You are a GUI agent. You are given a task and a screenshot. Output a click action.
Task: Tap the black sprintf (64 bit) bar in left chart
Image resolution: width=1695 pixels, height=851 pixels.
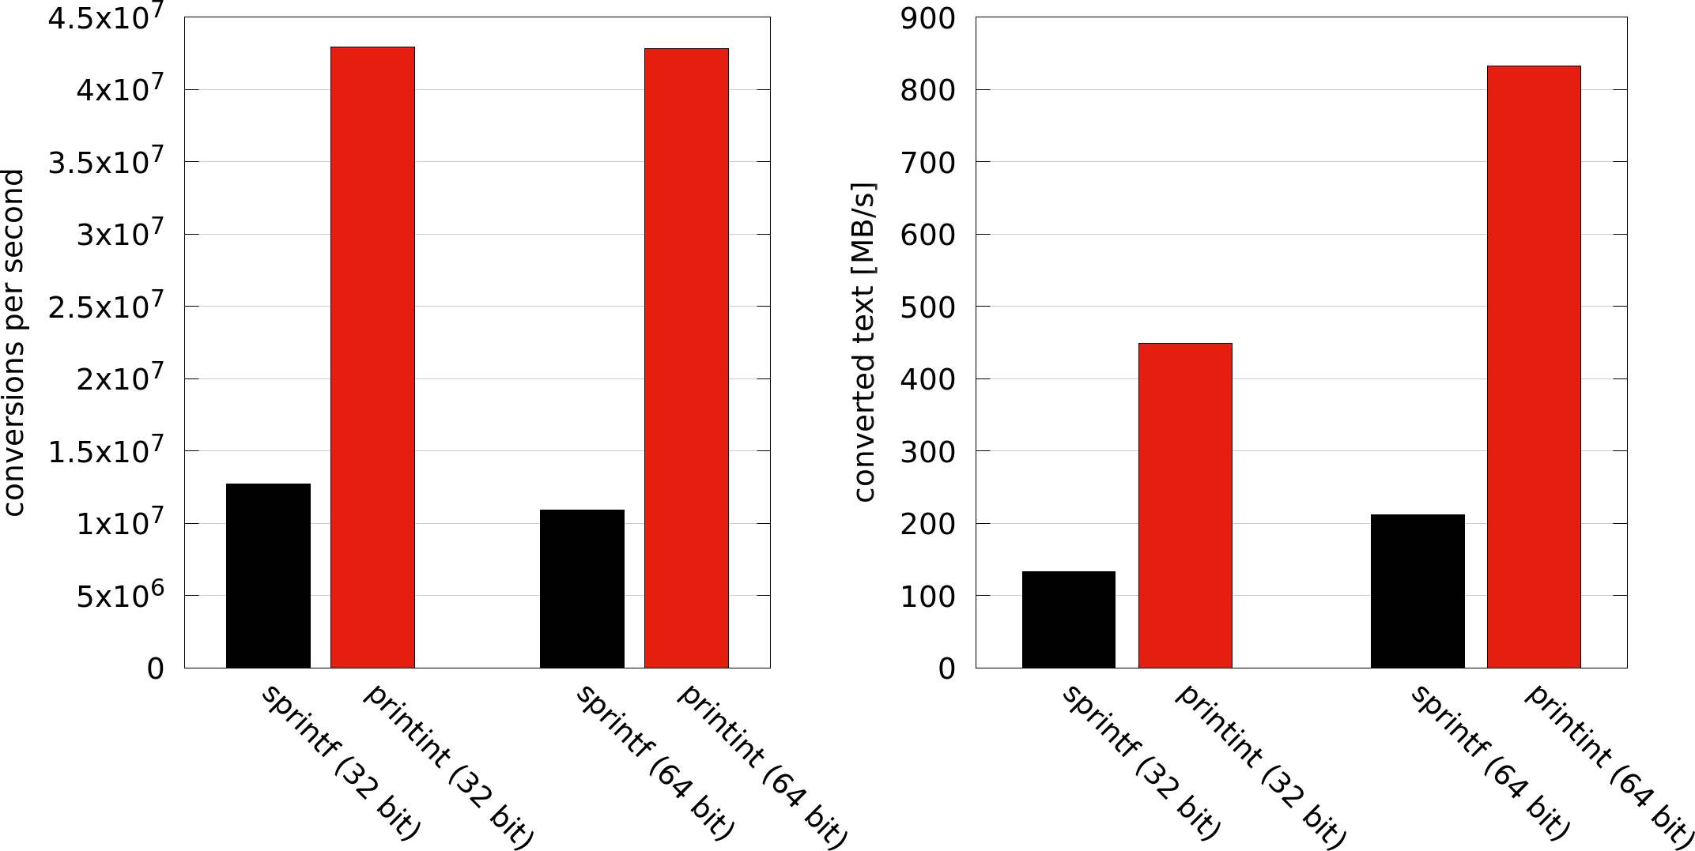point(582,589)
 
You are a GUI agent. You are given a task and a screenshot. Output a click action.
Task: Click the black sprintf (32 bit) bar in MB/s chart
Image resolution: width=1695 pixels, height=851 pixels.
point(1068,619)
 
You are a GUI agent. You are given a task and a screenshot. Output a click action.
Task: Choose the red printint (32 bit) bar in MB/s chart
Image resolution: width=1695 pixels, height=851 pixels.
point(1185,506)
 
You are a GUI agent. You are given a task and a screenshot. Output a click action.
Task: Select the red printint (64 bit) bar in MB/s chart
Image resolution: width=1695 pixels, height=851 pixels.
point(1534,367)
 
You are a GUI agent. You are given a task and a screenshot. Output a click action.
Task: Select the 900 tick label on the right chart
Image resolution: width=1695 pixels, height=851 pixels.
point(927,18)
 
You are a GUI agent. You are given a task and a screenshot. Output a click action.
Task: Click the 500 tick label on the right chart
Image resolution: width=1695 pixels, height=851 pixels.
point(927,307)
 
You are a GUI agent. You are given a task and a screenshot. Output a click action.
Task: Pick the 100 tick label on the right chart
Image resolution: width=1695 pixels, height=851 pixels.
point(927,596)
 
